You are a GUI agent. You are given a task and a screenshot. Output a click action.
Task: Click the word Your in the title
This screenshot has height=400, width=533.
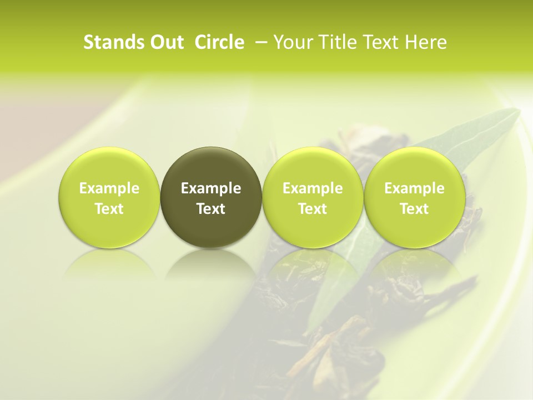tap(293, 42)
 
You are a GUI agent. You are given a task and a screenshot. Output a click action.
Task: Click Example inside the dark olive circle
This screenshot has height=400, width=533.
tap(211, 189)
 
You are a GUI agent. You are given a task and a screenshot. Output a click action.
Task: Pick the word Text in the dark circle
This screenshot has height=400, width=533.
tap(211, 209)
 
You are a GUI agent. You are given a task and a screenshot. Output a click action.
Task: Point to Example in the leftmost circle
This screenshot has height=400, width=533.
tap(109, 189)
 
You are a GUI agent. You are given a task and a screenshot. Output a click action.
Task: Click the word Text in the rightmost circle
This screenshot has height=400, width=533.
tap(414, 209)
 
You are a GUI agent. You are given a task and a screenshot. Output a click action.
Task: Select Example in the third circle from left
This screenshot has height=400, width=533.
tap(313, 189)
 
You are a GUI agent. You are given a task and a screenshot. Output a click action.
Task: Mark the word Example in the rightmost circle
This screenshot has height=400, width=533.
tap(414, 189)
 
